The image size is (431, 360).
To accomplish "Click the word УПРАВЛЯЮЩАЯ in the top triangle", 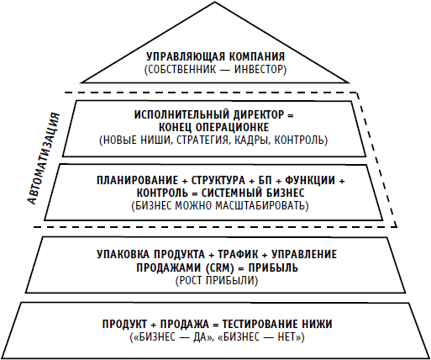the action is click(x=186, y=56).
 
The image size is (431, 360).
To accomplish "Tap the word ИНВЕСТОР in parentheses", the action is click(x=259, y=70).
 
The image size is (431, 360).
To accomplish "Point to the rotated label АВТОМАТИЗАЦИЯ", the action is click(x=44, y=158).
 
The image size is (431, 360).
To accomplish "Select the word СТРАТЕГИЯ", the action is click(x=207, y=140).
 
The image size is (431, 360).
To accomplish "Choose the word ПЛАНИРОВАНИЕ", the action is click(x=137, y=180).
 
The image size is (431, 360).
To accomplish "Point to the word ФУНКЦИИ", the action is click(x=310, y=180).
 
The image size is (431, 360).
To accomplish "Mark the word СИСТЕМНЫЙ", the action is click(x=228, y=193).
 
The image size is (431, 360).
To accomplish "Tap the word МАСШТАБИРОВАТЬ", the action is click(x=260, y=206).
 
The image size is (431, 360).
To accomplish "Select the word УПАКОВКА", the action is click(x=124, y=255).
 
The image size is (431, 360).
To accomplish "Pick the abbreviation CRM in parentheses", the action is click(x=220, y=267).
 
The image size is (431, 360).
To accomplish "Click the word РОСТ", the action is click(x=191, y=281).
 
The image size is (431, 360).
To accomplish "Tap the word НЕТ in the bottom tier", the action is click(x=287, y=337).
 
